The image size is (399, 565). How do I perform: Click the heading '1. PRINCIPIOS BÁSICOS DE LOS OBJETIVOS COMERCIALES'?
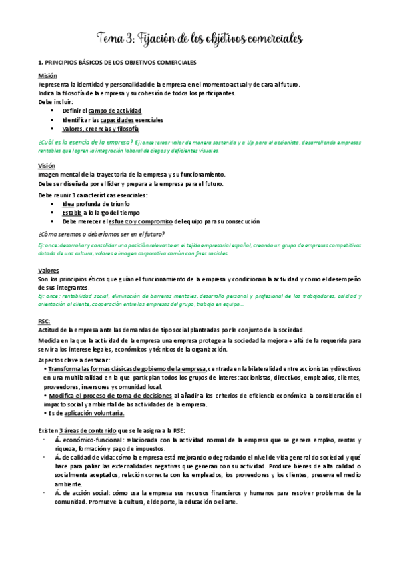coord(117,62)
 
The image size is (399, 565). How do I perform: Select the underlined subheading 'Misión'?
coord(47,76)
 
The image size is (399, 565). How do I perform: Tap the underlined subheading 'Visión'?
coord(47,165)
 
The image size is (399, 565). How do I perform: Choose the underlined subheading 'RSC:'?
coord(45,321)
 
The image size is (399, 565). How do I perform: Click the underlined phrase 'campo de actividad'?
coord(115,111)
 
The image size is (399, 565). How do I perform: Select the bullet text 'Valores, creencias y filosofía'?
coord(101,129)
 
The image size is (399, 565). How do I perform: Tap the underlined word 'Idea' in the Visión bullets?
coord(68,204)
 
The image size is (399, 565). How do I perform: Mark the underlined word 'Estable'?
coord(72,213)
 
